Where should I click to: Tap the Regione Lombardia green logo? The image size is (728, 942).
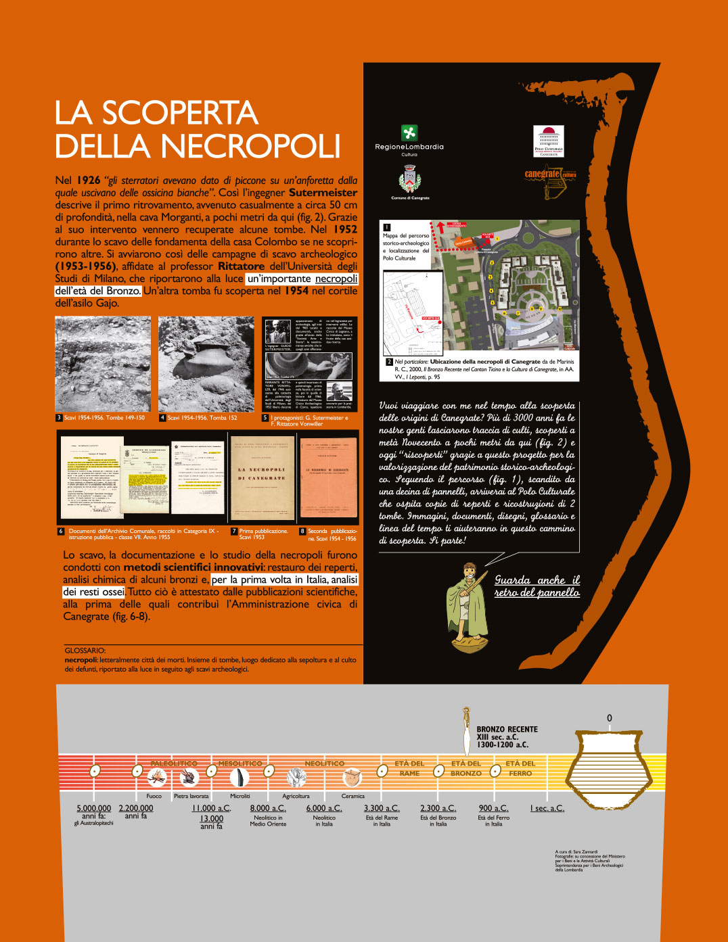pos(409,133)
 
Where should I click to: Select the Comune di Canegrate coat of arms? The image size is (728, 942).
pos(409,181)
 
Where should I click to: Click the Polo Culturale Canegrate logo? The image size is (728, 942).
pos(549,141)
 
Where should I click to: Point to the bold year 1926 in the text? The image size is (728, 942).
pos(89,181)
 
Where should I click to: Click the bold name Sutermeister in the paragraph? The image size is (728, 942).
pos(323,193)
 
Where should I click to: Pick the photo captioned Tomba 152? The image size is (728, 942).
pos(206,364)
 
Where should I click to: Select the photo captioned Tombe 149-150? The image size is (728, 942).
pos(103,364)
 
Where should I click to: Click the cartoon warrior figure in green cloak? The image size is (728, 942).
pos(467,606)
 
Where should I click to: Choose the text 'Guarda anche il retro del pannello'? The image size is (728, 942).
pos(537,586)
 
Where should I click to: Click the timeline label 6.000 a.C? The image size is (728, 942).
pos(324,808)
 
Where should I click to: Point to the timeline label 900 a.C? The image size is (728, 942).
pos(493,808)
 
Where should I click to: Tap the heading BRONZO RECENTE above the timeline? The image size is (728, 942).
pos(507,729)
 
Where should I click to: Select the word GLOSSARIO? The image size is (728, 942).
pos(85,651)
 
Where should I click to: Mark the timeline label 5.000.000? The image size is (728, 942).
pos(94,808)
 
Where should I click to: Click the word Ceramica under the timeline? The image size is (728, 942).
pos(352,796)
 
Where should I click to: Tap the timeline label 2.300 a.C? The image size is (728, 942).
pos(438,808)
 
